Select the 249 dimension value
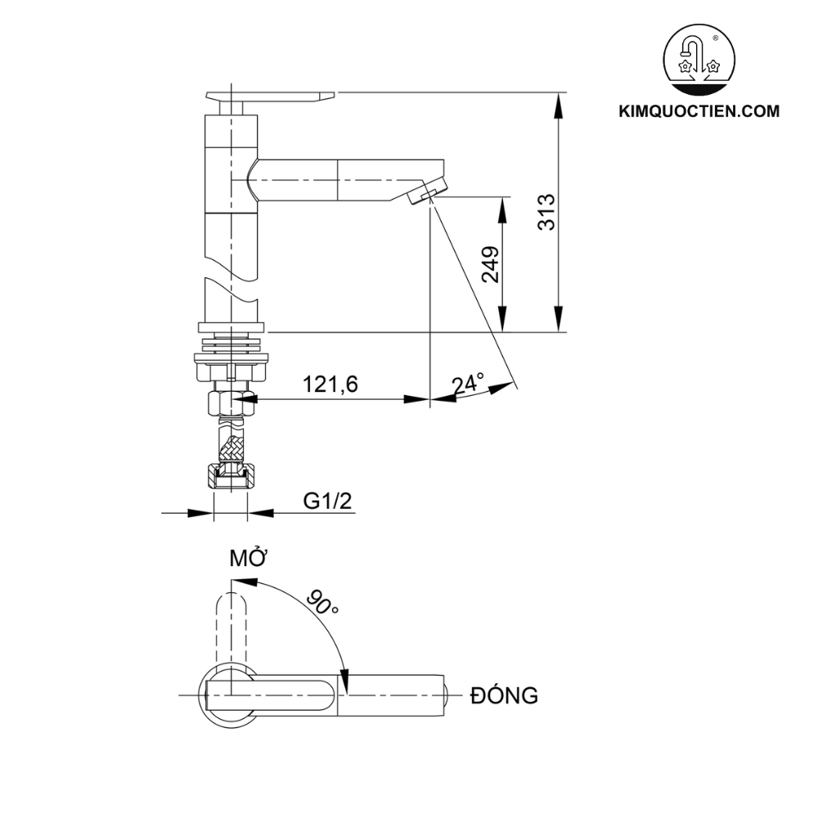(x=491, y=264)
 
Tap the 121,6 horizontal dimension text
(x=330, y=384)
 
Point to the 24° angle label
(x=468, y=384)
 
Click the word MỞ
(x=249, y=559)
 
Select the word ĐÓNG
(x=504, y=696)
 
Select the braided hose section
(x=232, y=446)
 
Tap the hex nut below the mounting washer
(x=231, y=402)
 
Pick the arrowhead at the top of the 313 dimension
(x=560, y=101)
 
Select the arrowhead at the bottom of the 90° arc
(x=346, y=680)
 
